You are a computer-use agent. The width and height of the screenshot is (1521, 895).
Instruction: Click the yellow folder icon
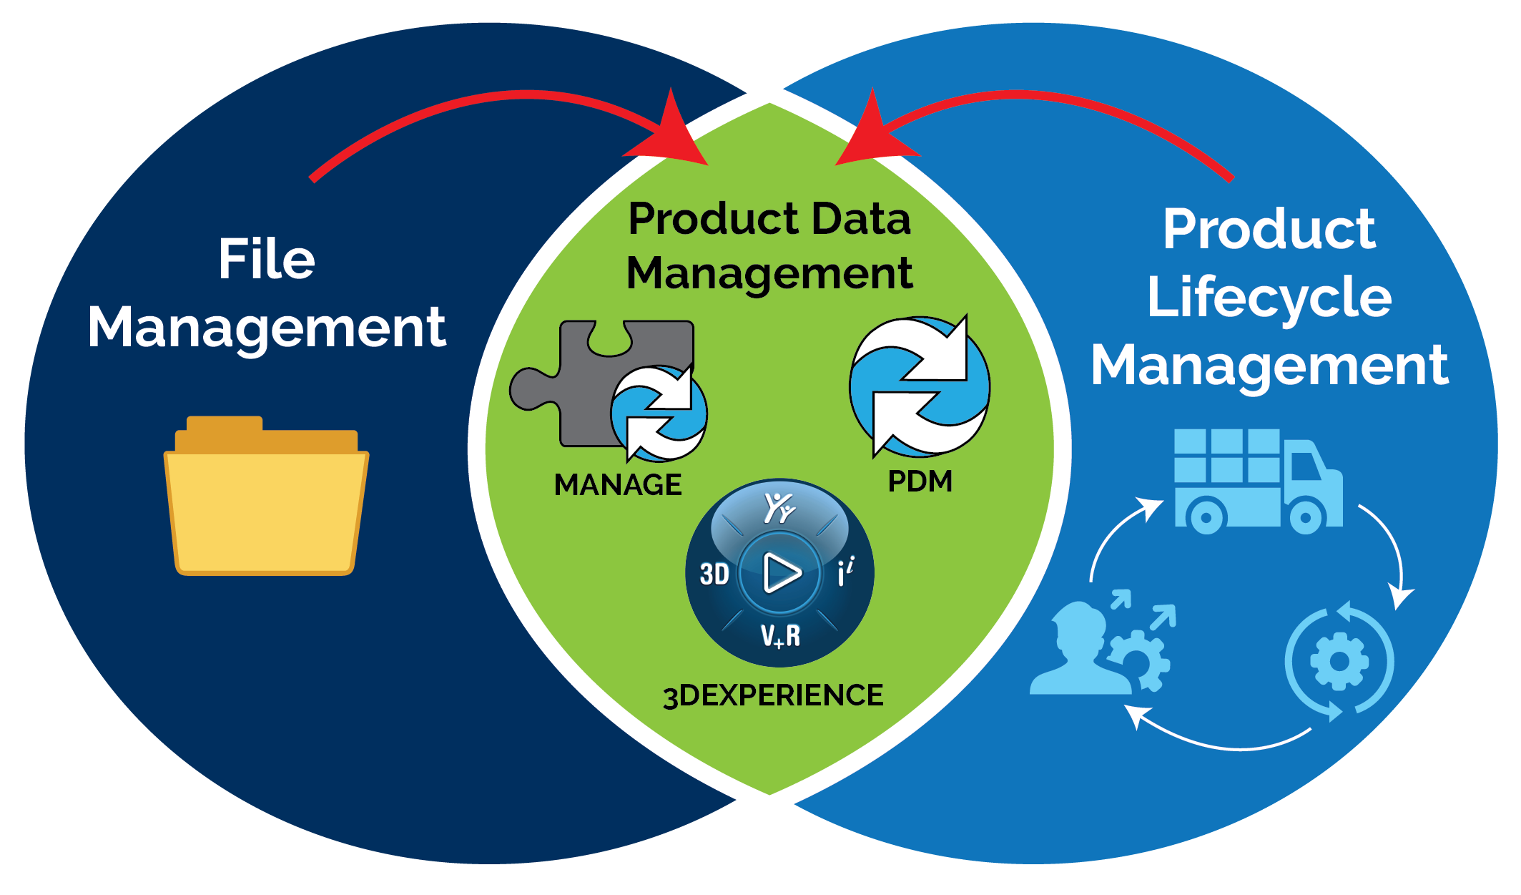click(x=266, y=501)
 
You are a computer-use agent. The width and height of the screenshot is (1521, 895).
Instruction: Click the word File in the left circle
click(x=266, y=259)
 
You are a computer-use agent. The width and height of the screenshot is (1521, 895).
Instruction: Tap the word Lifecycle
click(x=1269, y=297)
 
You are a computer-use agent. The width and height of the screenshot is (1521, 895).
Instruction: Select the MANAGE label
click(x=618, y=485)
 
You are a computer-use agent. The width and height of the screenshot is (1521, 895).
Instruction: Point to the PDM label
click(x=920, y=481)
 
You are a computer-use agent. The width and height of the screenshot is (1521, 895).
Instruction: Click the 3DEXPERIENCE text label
click(x=773, y=695)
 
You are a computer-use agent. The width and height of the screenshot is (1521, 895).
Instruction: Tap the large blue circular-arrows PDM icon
click(x=920, y=387)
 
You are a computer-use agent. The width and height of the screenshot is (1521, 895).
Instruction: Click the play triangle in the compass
click(x=781, y=572)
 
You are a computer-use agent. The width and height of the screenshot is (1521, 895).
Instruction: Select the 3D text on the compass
click(x=714, y=574)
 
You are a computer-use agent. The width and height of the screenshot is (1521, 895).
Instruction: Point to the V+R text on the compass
click(x=780, y=635)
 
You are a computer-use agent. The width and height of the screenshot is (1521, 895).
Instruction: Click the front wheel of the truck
click(x=1306, y=518)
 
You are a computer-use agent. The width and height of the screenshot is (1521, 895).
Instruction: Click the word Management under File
click(x=266, y=328)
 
